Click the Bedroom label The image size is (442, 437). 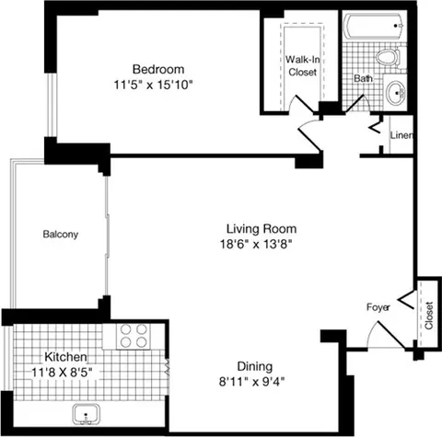(158, 69)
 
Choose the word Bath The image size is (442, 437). (363, 78)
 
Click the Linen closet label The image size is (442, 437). (401, 136)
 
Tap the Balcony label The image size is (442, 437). (61, 234)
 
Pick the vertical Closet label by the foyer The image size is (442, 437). (428, 315)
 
